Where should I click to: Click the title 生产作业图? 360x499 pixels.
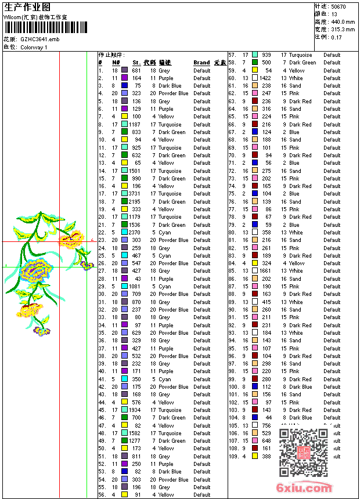[27, 7]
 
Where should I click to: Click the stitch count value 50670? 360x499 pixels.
[339, 6]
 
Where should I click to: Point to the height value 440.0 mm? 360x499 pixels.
[343, 21]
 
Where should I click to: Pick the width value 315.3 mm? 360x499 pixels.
[343, 29]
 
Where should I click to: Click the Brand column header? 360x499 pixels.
[201, 63]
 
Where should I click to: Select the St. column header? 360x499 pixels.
[136, 63]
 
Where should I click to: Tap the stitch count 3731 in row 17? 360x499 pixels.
[135, 194]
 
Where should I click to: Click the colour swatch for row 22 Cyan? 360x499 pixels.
[124, 233]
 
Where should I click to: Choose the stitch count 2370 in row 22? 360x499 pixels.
[135, 233]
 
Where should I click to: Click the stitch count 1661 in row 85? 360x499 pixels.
[265, 271]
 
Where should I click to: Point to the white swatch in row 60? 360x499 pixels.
[254, 78]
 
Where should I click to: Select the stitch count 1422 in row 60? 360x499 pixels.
[265, 78]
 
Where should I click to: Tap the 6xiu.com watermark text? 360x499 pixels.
[305, 488]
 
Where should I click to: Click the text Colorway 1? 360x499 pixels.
[34, 47]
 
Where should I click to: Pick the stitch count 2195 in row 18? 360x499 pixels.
[135, 202]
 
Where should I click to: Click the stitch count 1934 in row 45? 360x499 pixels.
[135, 410]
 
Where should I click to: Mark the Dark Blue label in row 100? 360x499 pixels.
[300, 387]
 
